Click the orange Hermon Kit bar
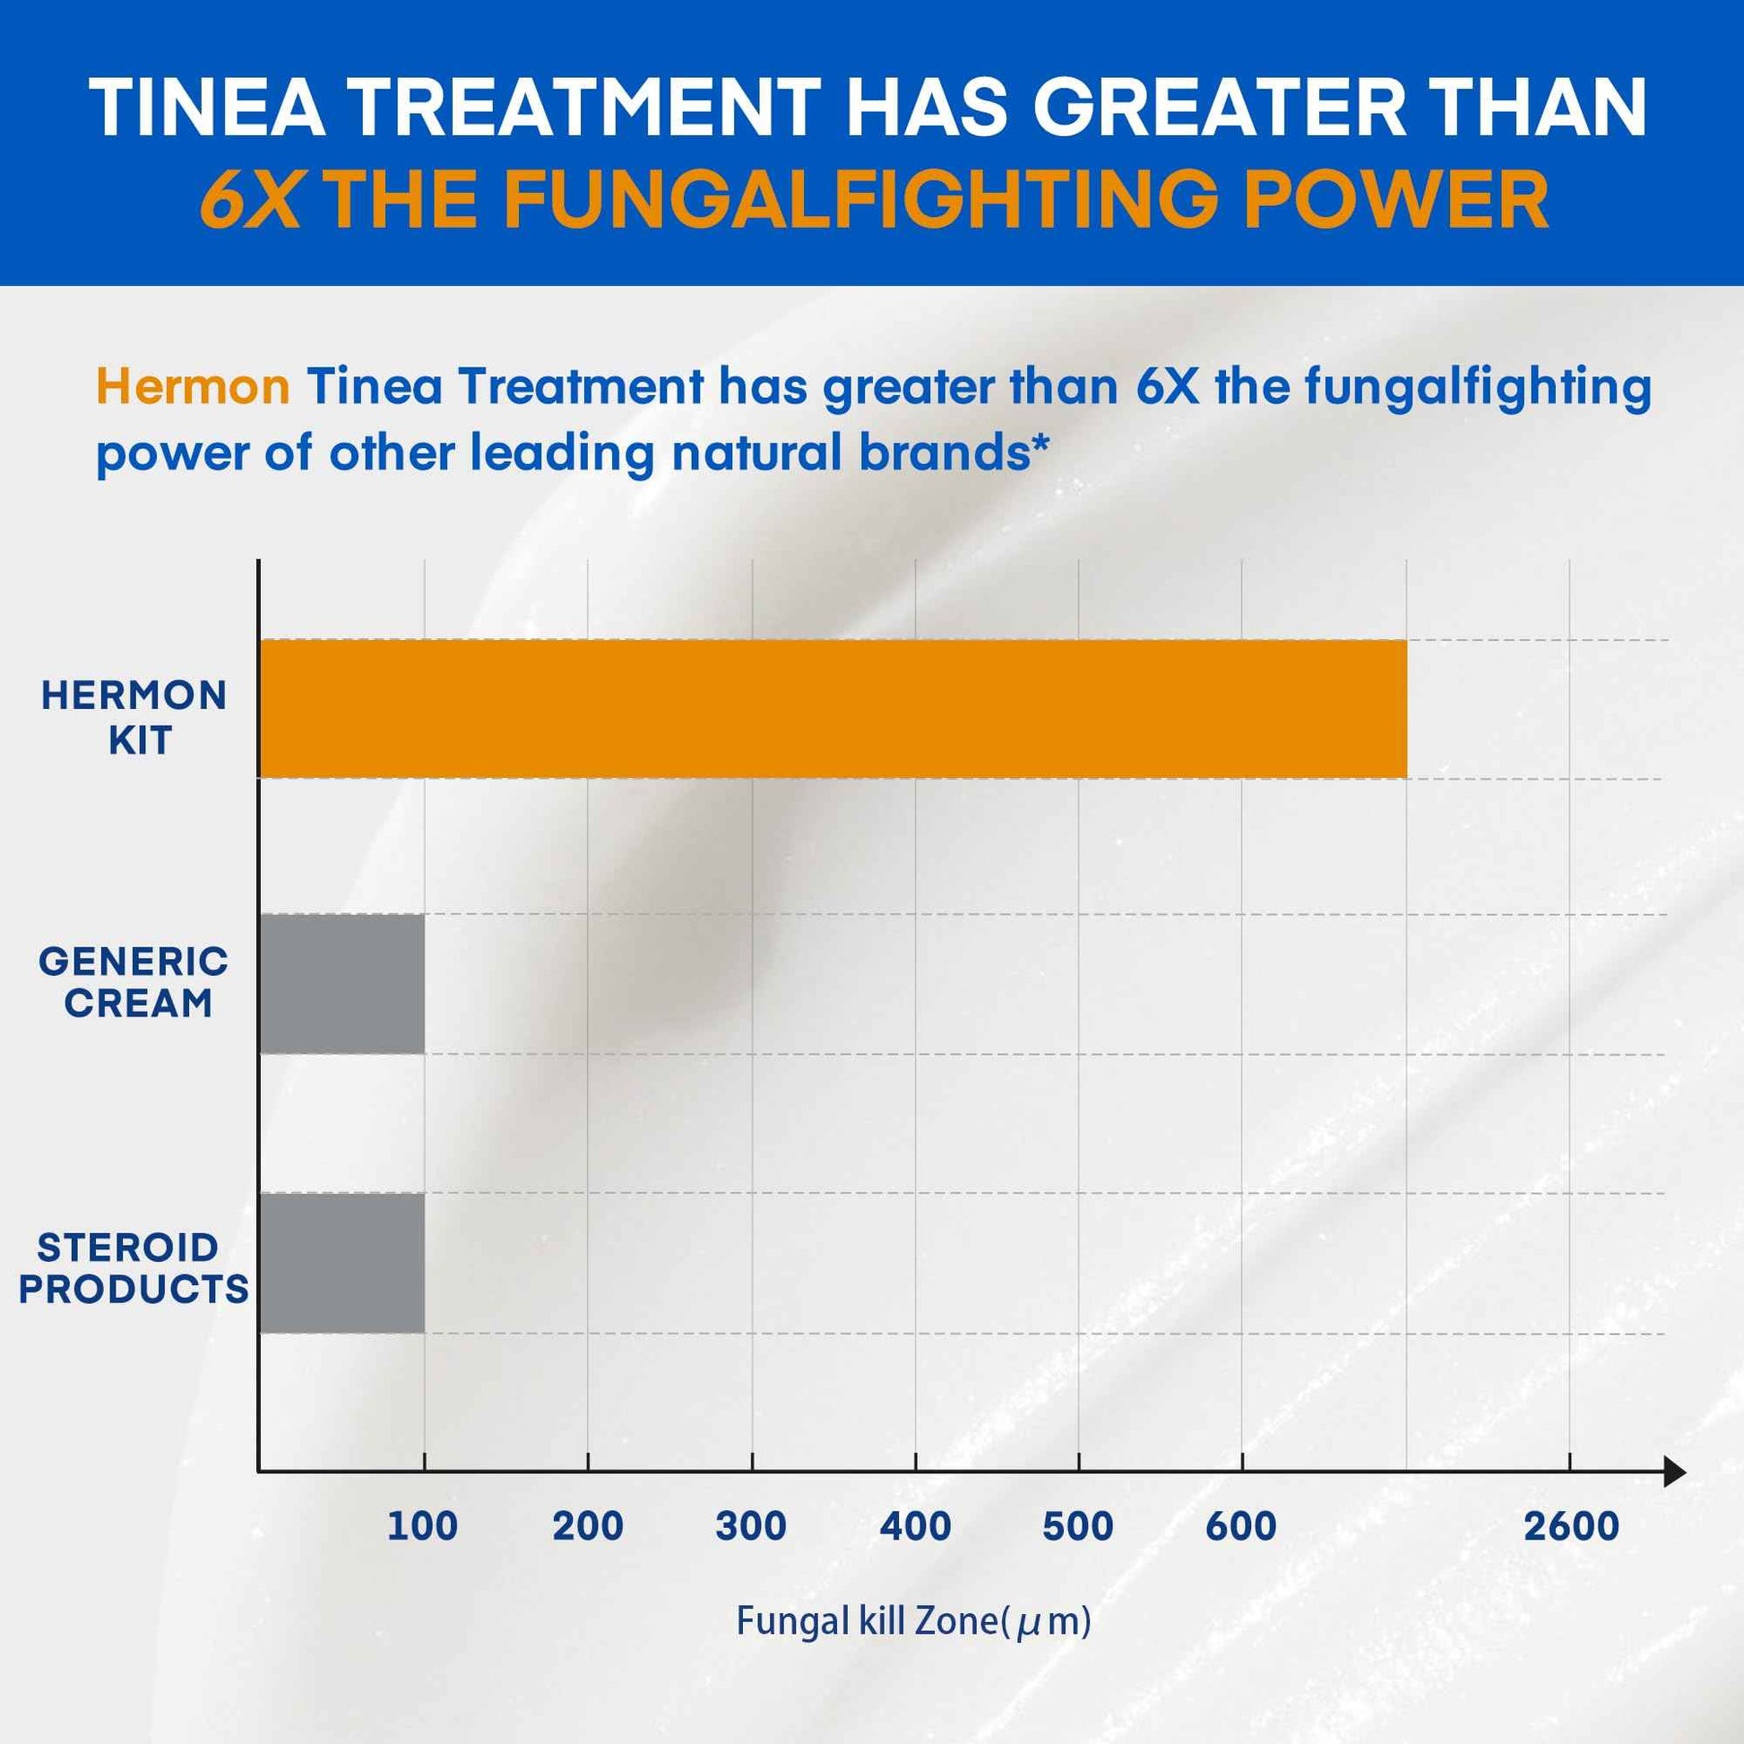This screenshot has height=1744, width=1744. pyautogui.click(x=833, y=709)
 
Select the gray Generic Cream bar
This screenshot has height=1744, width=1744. pyautogui.click(x=342, y=983)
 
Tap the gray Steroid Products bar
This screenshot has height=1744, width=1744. pyautogui.click(x=342, y=1263)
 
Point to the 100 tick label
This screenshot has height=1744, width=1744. pyautogui.click(x=422, y=1526)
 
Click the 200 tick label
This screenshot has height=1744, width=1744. pyautogui.click(x=588, y=1526)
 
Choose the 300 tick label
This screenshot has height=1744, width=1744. pyautogui.click(x=751, y=1526)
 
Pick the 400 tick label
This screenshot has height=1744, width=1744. pyautogui.click(x=915, y=1526)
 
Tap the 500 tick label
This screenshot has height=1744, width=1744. pyautogui.click(x=1078, y=1526)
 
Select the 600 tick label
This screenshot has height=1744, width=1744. pyautogui.click(x=1241, y=1526)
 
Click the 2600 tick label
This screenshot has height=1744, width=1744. pyautogui.click(x=1572, y=1526)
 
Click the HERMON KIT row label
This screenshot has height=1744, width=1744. pyautogui.click(x=134, y=718)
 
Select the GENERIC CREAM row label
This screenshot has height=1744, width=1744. pyautogui.click(x=134, y=982)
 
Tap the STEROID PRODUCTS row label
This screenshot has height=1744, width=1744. pyautogui.click(x=133, y=1268)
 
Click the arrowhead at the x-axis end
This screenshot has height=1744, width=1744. pyautogui.click(x=1673, y=1472)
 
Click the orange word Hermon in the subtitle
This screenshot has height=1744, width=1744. pyautogui.click(x=193, y=387)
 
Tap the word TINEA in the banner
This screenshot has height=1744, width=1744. pyautogui.click(x=209, y=108)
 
